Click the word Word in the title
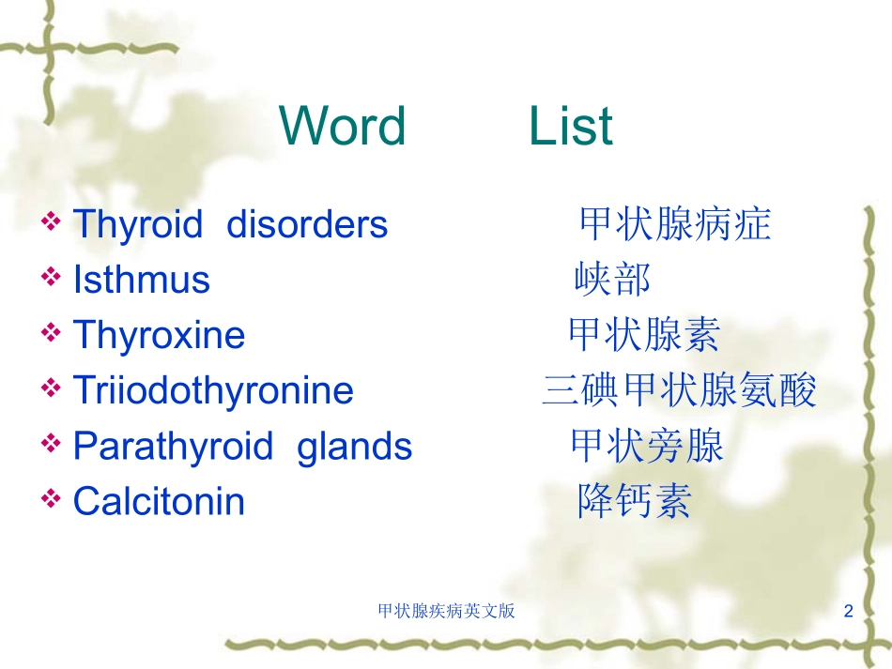(x=343, y=126)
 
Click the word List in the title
(x=571, y=126)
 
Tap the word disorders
(x=307, y=223)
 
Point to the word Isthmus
(x=142, y=279)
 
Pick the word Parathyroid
(x=174, y=448)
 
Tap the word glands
(x=354, y=448)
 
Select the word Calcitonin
(x=159, y=501)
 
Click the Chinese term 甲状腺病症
(x=675, y=223)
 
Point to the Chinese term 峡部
(x=612, y=279)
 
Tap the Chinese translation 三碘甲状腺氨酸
(x=680, y=390)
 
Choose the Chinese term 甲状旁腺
(x=647, y=446)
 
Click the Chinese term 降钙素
(x=635, y=501)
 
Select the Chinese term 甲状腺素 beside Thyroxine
(x=644, y=334)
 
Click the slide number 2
(x=848, y=611)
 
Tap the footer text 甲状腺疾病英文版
(x=447, y=611)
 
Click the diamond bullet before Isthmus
(x=51, y=277)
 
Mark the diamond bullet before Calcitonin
(x=51, y=498)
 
